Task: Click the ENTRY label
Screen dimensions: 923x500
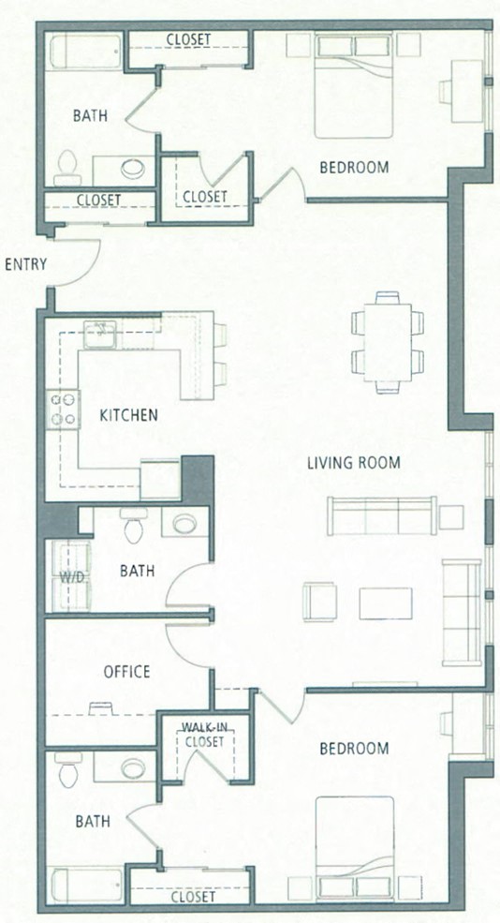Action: tap(25, 265)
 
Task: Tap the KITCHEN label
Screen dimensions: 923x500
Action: tap(128, 414)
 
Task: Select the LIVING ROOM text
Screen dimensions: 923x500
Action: tap(354, 462)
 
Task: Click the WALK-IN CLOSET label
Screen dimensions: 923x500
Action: tap(203, 734)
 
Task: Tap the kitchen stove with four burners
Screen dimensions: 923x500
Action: tap(64, 409)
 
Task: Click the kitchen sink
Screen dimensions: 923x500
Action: tap(98, 332)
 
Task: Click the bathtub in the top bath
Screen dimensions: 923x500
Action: tap(85, 51)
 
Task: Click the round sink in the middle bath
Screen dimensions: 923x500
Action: tap(184, 523)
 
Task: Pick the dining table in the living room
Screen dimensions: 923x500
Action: tap(388, 342)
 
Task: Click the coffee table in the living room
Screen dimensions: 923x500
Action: tap(385, 603)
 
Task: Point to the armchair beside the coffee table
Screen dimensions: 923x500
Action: tap(317, 602)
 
